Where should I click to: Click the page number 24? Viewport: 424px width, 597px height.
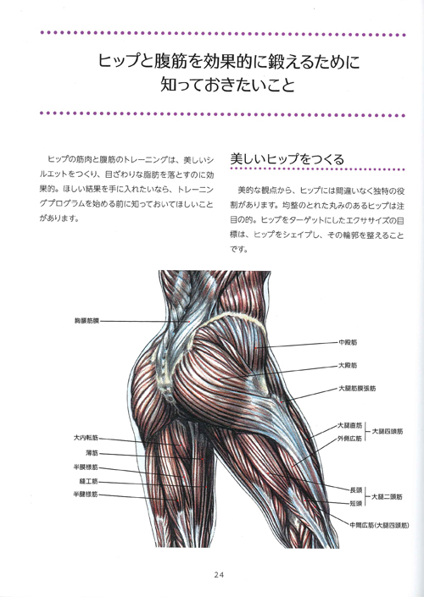219,575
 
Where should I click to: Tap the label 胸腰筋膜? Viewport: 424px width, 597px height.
86,321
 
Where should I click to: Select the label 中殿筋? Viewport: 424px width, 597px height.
349,342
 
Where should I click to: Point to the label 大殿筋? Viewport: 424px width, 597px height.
349,366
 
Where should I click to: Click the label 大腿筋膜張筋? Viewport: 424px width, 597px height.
357,389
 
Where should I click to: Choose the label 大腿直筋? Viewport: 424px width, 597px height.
350,426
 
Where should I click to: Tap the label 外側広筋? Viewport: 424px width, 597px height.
350,439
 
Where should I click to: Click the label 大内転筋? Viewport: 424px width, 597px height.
86,439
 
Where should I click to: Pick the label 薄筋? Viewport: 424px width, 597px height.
92,453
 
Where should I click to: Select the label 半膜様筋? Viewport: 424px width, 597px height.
86,467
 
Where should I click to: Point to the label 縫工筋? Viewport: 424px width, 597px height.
89,481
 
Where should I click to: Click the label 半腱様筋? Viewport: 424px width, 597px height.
86,495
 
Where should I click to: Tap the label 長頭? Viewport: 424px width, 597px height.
356,490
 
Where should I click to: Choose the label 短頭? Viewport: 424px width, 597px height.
356,503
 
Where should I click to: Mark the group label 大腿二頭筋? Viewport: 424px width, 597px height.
387,497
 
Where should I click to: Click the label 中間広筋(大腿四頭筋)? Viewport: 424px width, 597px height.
379,525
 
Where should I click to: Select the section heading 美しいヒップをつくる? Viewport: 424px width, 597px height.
287,159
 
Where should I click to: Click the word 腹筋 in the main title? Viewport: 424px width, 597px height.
167,61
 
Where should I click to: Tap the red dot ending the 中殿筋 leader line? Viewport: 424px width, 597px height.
256,347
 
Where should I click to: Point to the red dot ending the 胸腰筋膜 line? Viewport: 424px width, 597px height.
189,322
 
